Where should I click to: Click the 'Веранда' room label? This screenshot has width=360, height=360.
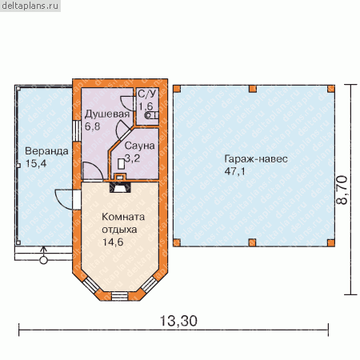tap(46, 151)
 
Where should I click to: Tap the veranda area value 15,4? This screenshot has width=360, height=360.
tap(36, 163)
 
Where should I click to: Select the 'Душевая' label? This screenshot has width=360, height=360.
tap(107, 114)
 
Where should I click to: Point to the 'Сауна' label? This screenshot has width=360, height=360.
tap(139, 146)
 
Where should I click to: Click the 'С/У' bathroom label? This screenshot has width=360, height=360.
tap(147, 94)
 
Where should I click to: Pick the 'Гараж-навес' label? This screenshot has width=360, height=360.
tap(256, 159)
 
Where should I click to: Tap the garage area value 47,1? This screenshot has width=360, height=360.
tap(234, 171)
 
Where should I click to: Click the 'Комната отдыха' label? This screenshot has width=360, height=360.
tap(123, 223)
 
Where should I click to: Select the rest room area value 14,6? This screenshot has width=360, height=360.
tap(113, 242)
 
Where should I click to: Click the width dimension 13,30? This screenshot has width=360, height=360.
tap(178, 321)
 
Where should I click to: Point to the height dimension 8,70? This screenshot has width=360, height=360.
tap(342, 190)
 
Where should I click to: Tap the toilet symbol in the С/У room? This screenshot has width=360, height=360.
tap(151, 115)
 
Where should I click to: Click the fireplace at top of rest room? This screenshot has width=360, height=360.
tap(121, 187)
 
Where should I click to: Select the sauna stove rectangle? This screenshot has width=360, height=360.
tap(122, 164)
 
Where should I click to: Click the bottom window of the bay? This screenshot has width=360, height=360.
tap(119, 296)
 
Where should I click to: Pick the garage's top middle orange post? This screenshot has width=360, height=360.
tap(253, 89)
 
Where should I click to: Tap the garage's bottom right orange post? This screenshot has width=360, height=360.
tap(331, 242)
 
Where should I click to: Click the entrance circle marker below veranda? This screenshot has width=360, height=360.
tap(43, 260)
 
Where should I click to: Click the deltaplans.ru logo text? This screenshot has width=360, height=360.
tap(30, 6)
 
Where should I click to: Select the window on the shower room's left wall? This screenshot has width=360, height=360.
tap(77, 131)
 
